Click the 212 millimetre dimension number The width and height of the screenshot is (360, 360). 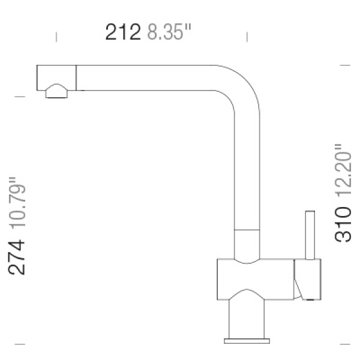click(123, 32)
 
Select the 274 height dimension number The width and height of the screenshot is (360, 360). click(16, 257)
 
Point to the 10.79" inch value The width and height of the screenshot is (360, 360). click(17, 203)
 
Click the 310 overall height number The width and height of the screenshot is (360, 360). click(343, 224)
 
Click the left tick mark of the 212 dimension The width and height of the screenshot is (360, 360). click(56, 37)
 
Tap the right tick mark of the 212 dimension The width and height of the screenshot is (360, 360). click(247, 37)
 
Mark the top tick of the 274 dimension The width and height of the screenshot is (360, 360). click(20, 97)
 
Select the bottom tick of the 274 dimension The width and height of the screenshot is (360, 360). click(20, 344)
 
